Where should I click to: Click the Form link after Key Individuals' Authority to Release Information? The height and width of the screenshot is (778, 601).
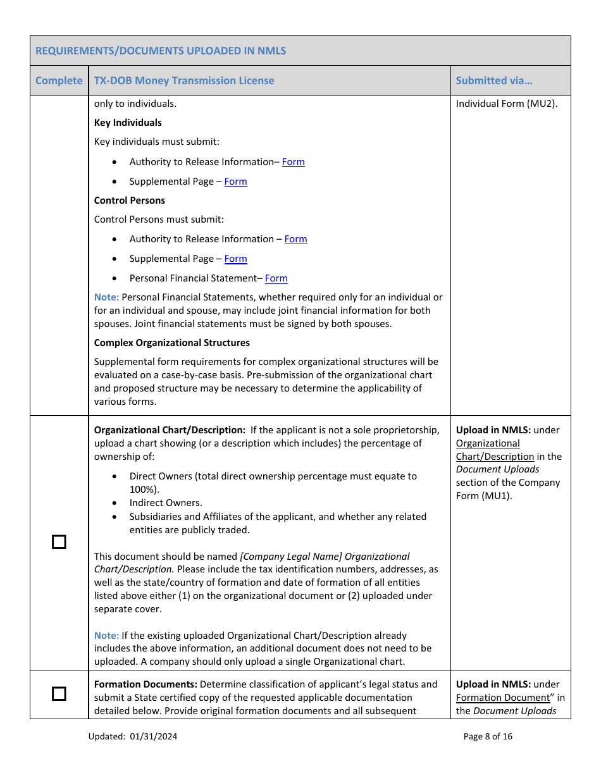(x=293, y=162)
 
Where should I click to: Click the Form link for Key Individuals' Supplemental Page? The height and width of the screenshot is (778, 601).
(x=235, y=182)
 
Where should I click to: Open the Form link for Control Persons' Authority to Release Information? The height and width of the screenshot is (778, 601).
(x=295, y=239)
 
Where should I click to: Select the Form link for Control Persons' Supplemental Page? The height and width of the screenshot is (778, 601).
(x=235, y=259)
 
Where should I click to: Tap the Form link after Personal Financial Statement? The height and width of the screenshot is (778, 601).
(x=276, y=278)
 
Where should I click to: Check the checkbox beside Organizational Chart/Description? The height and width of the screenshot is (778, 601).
(x=59, y=542)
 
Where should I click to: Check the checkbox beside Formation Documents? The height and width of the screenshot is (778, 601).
(x=59, y=694)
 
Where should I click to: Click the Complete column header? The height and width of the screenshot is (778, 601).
(x=59, y=80)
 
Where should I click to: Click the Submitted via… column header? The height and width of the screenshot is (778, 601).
(x=493, y=80)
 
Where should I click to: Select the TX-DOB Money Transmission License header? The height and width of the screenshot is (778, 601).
(x=184, y=80)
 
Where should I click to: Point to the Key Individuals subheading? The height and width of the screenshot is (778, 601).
(x=128, y=123)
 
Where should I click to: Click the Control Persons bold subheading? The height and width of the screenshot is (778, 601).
(x=129, y=201)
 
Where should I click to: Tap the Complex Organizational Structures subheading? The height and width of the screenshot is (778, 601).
(x=171, y=343)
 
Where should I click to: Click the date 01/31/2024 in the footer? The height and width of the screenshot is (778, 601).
(x=155, y=736)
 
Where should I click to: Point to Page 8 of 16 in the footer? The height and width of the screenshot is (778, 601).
(x=488, y=736)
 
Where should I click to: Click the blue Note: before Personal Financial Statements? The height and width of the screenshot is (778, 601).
(x=106, y=297)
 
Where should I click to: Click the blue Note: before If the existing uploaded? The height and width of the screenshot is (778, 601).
(x=106, y=636)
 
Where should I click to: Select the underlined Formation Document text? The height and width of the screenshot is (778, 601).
(x=503, y=698)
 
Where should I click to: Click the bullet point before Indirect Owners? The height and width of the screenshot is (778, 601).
(x=114, y=503)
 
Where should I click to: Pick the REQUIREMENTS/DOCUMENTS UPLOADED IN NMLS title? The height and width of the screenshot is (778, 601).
(x=161, y=51)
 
